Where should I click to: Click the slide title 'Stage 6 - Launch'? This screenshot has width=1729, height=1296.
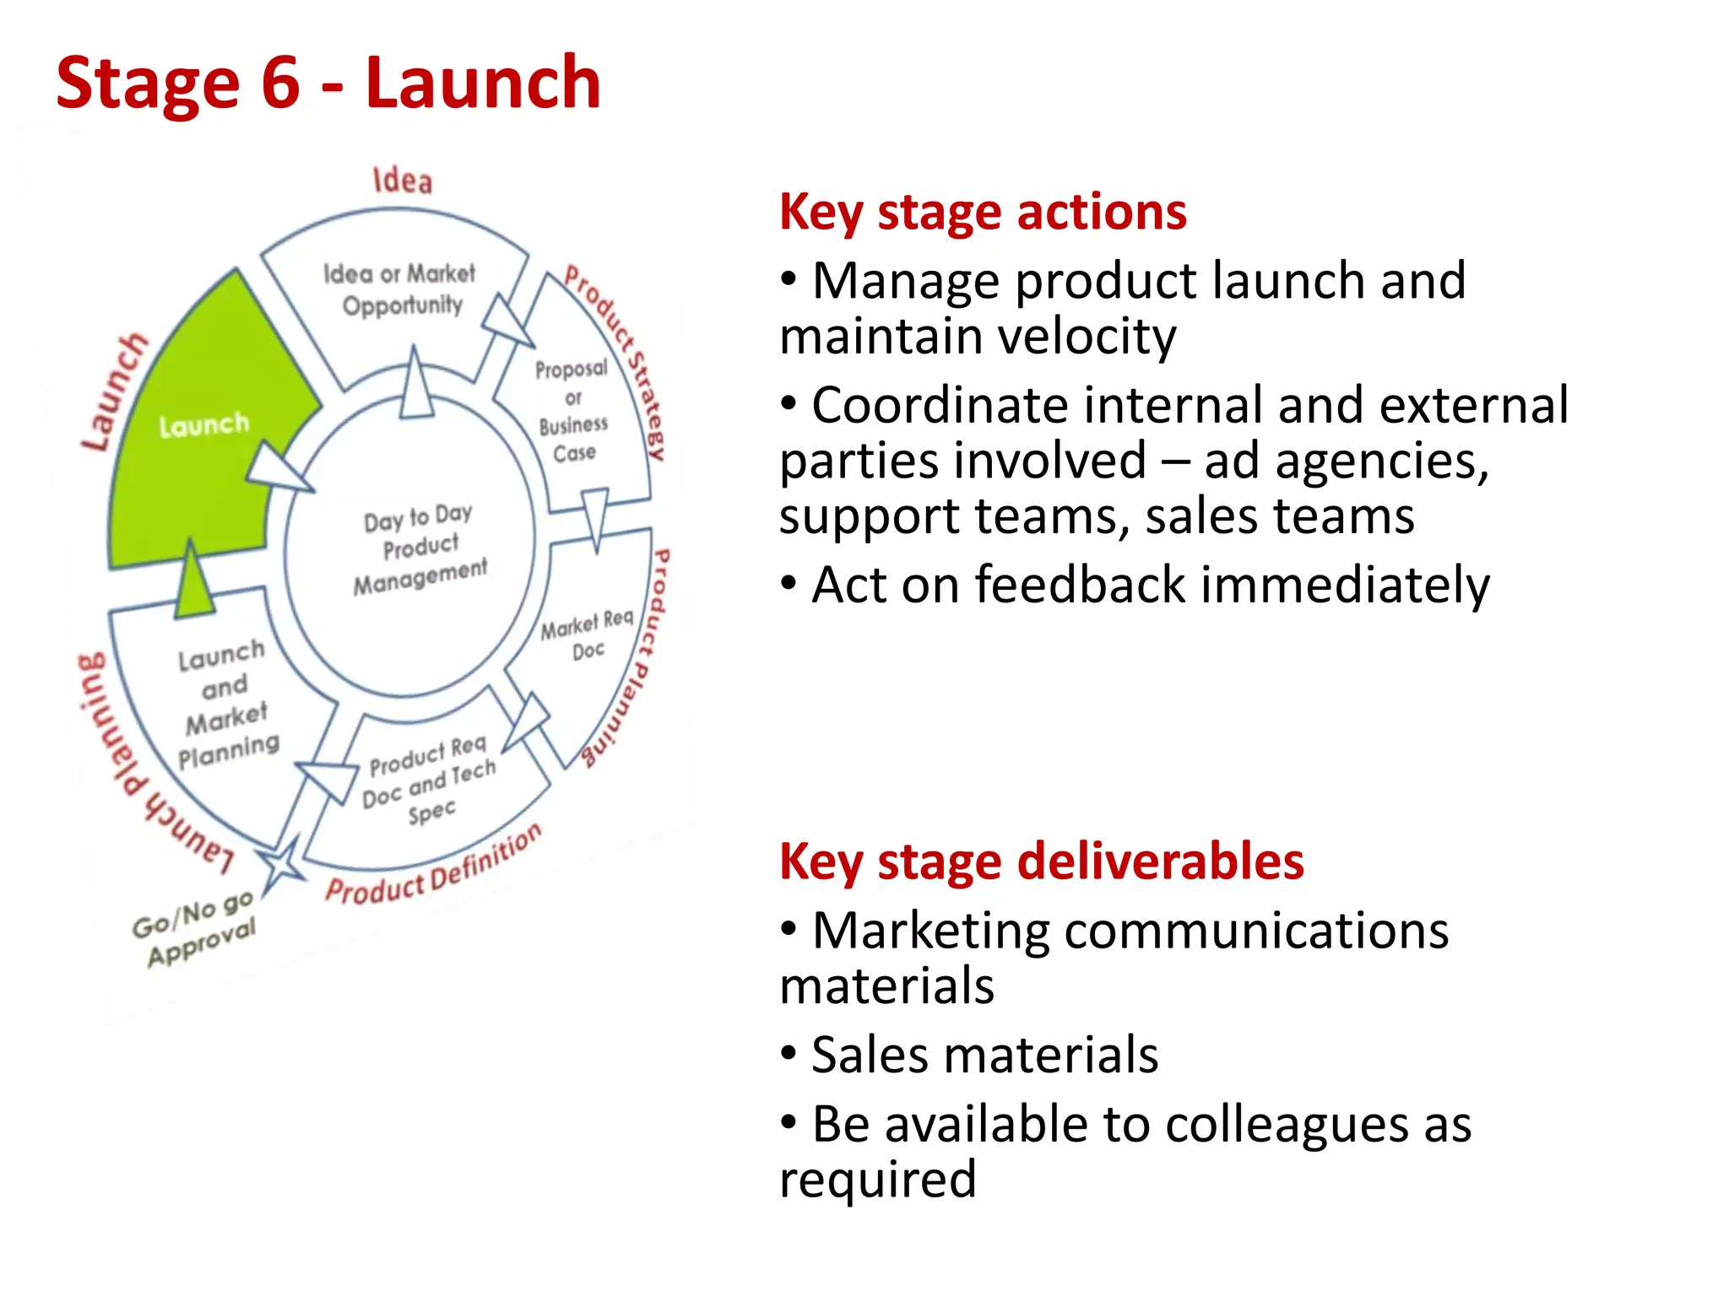(x=328, y=83)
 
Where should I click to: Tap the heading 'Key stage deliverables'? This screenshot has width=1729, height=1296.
(x=1041, y=861)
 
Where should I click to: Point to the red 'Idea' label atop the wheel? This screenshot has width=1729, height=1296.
(x=403, y=181)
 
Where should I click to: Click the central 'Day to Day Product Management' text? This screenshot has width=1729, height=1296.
(x=420, y=549)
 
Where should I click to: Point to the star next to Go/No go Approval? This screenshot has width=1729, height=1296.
(x=281, y=862)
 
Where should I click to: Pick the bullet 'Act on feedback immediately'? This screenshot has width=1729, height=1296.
(x=1134, y=585)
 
